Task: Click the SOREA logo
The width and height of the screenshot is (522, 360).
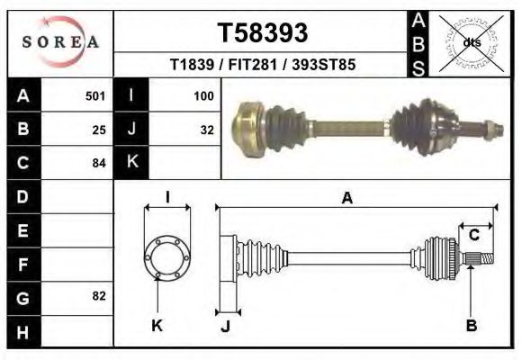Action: click(x=60, y=43)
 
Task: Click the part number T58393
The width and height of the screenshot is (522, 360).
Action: click(x=263, y=32)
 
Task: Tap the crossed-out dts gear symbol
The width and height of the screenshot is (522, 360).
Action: click(x=472, y=42)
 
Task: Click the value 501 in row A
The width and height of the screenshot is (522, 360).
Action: click(x=95, y=94)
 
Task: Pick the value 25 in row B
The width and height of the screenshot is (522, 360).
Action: click(x=99, y=129)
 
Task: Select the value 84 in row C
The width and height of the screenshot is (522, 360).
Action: click(x=99, y=163)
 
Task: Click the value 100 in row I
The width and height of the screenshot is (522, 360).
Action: click(x=203, y=94)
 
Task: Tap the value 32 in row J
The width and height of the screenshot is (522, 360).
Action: click(x=207, y=129)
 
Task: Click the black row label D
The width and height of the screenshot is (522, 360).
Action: click(x=23, y=196)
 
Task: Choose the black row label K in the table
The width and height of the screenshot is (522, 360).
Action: click(x=131, y=162)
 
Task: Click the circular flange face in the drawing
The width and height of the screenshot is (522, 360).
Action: click(x=166, y=255)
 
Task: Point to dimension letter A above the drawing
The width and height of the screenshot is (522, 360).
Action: click(x=346, y=199)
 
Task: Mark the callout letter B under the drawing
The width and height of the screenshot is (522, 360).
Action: click(x=471, y=326)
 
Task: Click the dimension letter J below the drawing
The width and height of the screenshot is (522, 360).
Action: click(x=225, y=326)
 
